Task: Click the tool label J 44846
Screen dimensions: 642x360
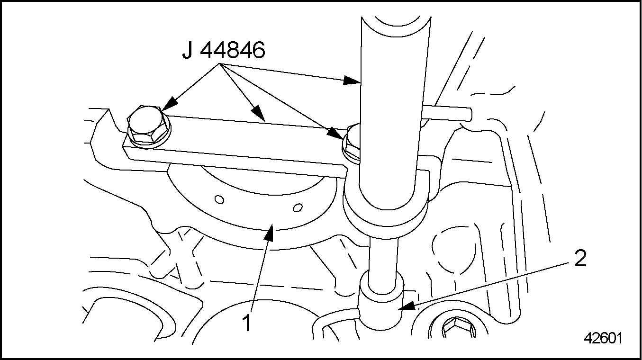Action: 224,50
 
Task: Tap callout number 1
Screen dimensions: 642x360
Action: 247,323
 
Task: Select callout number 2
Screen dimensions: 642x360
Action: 580,258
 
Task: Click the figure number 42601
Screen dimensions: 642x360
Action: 603,338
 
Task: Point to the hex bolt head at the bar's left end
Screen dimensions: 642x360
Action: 148,126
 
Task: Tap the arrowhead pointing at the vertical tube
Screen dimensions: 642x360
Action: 352,81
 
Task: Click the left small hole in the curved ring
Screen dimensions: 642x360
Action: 219,199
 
